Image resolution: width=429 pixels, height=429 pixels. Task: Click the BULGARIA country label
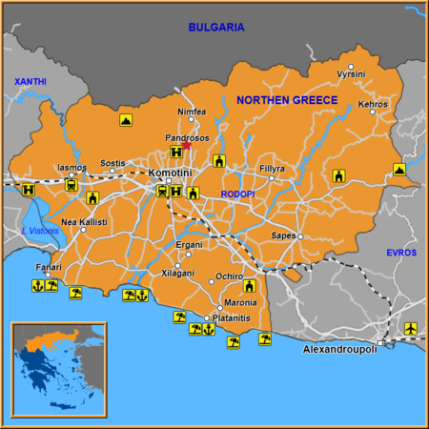click(215, 28)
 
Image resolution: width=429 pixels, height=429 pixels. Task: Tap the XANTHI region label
click(30, 82)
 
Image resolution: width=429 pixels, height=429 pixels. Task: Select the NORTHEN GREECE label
click(286, 100)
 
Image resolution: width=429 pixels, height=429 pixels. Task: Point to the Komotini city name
click(171, 172)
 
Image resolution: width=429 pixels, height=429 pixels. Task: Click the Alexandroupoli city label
click(339, 351)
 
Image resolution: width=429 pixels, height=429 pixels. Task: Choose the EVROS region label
click(401, 252)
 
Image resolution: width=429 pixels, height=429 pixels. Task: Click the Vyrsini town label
click(351, 72)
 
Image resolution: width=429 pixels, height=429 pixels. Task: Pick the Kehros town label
click(373, 104)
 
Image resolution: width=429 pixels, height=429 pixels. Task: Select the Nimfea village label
click(192, 112)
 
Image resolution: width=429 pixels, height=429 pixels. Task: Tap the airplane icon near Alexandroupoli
click(411, 329)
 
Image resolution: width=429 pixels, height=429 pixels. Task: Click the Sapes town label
click(283, 235)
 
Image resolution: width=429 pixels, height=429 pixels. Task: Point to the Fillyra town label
click(272, 169)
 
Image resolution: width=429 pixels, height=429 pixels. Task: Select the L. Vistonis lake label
click(39, 231)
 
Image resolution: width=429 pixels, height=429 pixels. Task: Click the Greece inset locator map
click(58, 370)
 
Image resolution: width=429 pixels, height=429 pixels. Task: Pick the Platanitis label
click(232, 318)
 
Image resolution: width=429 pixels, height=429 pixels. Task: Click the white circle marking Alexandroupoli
click(380, 342)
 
